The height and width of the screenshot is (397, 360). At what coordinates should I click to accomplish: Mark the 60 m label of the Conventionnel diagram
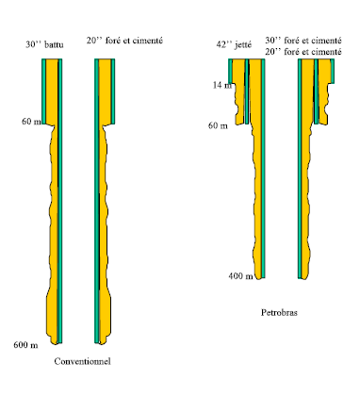[32, 123]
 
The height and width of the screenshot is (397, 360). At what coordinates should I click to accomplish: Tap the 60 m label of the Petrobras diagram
[218, 124]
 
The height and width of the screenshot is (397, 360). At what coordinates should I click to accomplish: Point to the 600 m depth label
[25, 344]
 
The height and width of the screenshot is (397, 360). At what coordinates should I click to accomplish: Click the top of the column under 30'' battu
[53, 63]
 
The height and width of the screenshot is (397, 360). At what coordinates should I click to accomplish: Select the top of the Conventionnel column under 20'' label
[106, 63]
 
